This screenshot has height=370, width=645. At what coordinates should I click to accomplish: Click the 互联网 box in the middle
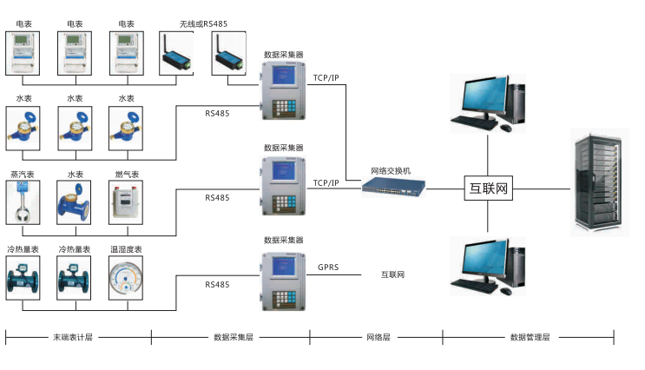tap(487, 188)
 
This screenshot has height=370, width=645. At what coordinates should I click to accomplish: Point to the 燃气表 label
tap(126, 174)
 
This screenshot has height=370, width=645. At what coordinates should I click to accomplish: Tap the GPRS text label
tap(328, 268)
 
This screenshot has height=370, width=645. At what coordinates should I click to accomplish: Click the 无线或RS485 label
tap(202, 24)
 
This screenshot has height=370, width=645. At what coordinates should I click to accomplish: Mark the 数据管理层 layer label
tap(530, 337)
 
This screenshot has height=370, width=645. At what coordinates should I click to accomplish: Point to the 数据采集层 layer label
tap(233, 337)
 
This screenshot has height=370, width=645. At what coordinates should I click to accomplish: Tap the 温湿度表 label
tap(126, 249)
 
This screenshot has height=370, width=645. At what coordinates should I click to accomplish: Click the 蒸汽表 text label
tap(23, 174)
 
